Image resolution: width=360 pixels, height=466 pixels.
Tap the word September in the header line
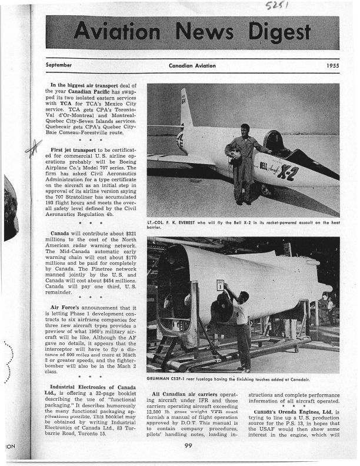[x=58, y=65]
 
